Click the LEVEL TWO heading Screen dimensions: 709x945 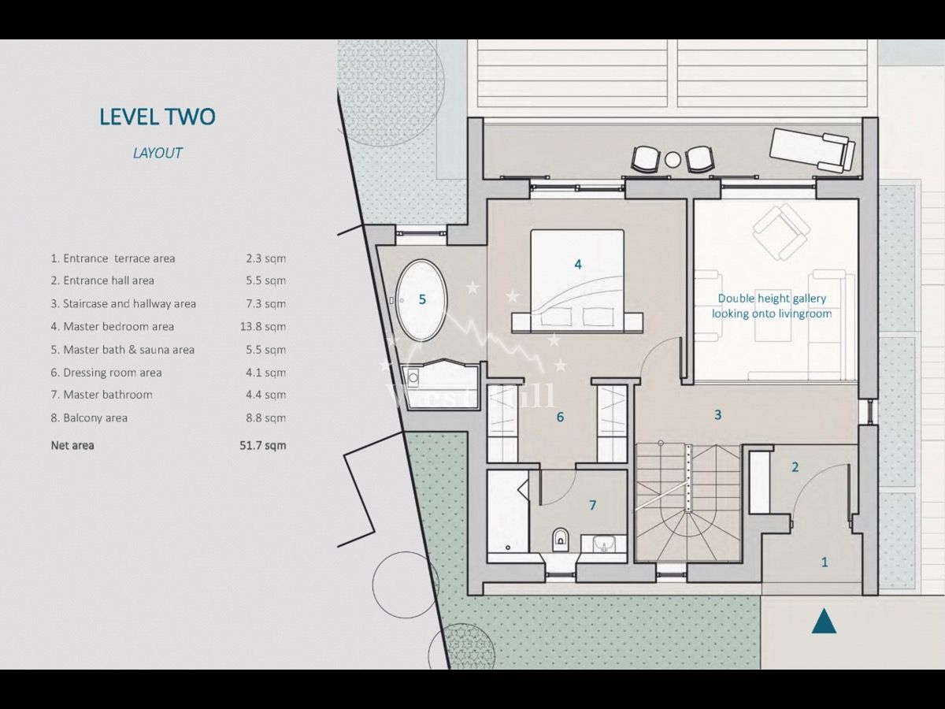(x=157, y=117)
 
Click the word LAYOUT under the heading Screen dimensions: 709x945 (x=157, y=153)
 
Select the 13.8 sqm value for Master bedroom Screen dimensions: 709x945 (x=263, y=326)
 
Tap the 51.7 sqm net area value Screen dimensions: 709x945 (x=263, y=445)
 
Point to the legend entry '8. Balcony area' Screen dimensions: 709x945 (x=89, y=418)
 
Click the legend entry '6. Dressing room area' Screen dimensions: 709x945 (x=106, y=373)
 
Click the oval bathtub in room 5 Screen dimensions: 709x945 (x=421, y=300)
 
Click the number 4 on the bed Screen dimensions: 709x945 (x=578, y=265)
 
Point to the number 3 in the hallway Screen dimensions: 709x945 (x=717, y=414)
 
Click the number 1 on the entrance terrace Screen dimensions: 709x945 (x=825, y=562)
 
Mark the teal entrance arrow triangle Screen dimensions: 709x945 (x=824, y=622)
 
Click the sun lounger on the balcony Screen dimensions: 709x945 (x=812, y=150)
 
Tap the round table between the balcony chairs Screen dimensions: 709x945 (x=672, y=160)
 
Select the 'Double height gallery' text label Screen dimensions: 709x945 (x=772, y=306)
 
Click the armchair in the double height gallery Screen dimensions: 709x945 (x=780, y=231)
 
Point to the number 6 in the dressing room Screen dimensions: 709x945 (x=560, y=417)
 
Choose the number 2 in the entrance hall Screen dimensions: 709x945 (x=795, y=467)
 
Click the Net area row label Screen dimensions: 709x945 (x=72, y=445)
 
